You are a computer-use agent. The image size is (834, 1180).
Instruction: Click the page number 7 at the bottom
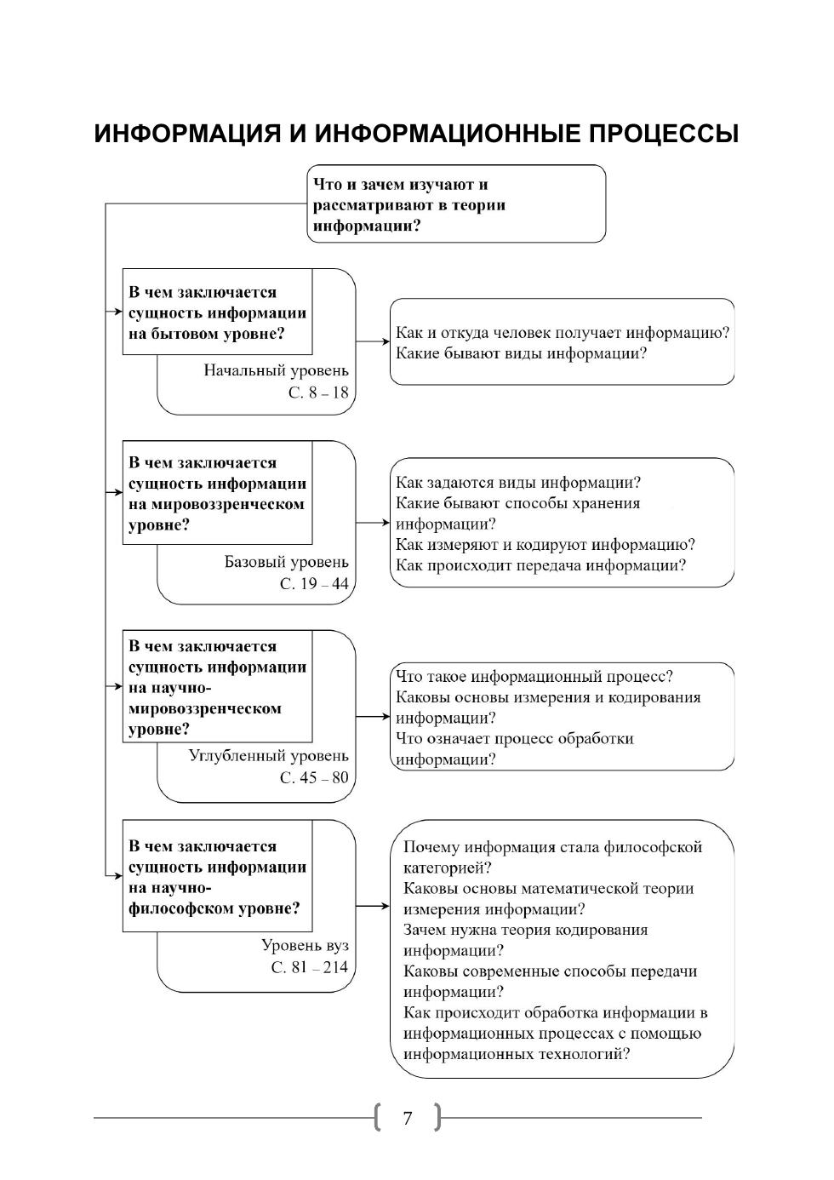pos(408,1118)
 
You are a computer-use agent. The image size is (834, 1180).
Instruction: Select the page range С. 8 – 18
pos(318,392)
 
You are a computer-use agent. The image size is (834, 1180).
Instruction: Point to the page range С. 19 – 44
pos(314,584)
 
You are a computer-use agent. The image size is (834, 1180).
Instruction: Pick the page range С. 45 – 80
pos(314,777)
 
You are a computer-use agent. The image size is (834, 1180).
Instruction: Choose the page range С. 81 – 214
pos(310,967)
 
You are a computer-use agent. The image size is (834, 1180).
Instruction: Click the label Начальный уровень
pos(276,370)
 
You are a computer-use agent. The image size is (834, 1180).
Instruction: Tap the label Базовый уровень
pos(286,562)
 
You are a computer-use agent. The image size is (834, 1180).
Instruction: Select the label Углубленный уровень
pos(268,755)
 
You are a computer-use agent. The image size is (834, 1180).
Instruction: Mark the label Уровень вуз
pos(305,945)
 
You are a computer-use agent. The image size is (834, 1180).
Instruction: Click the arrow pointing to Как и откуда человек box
pos(373,341)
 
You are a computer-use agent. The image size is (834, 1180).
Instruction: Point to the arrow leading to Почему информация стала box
pos(373,907)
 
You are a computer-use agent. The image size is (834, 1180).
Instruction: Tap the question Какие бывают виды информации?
pos(522,353)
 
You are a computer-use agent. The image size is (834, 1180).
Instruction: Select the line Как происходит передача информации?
pos(540,565)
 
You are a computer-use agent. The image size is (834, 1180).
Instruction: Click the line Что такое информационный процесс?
pos(534,676)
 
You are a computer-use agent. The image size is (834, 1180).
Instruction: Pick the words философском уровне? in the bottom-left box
pos(214,908)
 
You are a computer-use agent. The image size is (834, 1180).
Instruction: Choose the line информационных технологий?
pos(517,1054)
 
